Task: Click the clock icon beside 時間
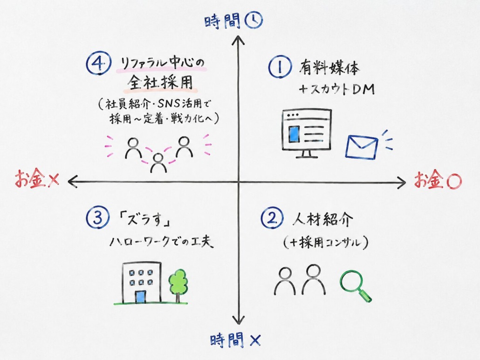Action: pyautogui.click(x=254, y=20)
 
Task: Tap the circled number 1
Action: pyautogui.click(x=280, y=68)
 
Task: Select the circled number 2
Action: pyautogui.click(x=272, y=218)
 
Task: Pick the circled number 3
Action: pyautogui.click(x=98, y=218)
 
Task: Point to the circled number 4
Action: pyautogui.click(x=98, y=63)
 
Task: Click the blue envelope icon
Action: pyautogui.click(x=362, y=147)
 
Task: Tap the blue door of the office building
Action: pyautogui.click(x=141, y=297)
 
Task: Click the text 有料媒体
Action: pyautogui.click(x=329, y=68)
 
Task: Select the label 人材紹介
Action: pyautogui.click(x=322, y=219)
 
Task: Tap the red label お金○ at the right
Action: pyautogui.click(x=438, y=180)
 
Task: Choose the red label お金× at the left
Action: pyautogui.click(x=37, y=179)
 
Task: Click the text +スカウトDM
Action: pyautogui.click(x=337, y=89)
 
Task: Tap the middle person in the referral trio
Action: pyautogui.click(x=158, y=163)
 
